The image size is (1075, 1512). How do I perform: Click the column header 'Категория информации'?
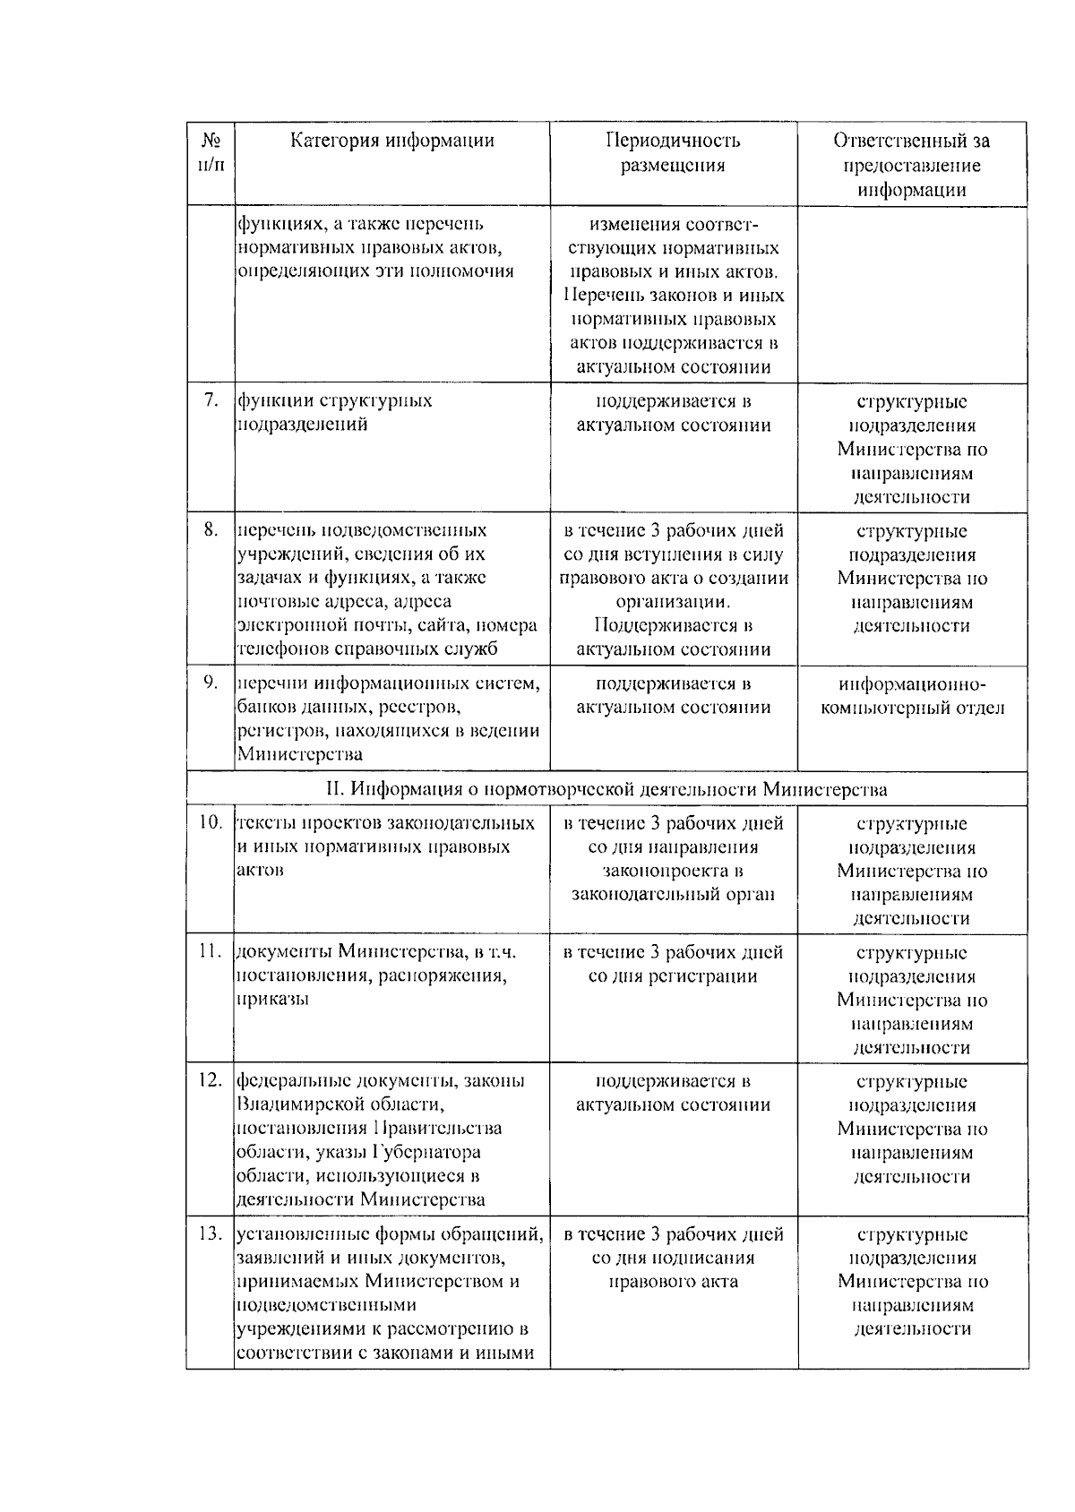coord(391,141)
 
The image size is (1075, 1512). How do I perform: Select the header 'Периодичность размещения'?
coord(673,152)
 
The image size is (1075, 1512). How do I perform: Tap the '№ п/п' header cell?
coord(211,152)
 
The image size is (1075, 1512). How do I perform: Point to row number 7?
coord(211,401)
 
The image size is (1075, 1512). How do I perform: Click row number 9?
coord(211,683)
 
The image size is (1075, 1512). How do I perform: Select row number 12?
coord(210,1081)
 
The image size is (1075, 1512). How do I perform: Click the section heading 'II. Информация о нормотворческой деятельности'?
coord(606,789)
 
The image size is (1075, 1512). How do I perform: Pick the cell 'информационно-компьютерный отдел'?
coord(912,696)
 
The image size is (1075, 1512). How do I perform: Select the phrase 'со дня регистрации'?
coord(673,976)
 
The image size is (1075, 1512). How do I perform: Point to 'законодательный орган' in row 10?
coord(673,894)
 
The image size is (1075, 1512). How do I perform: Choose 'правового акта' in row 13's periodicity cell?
coord(673,1282)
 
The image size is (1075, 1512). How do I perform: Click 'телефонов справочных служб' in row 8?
coord(367,649)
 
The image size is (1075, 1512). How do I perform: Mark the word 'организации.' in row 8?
coord(673,602)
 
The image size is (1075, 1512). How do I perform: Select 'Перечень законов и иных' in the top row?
coord(673,296)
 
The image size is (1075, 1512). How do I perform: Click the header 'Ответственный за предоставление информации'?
coord(912,165)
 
